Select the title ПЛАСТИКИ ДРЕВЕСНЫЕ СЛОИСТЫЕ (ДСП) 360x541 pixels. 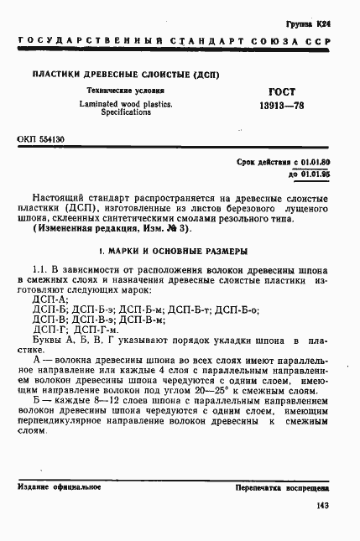click(126, 75)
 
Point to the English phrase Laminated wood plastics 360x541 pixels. click(126, 104)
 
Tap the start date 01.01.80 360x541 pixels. click(315, 160)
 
